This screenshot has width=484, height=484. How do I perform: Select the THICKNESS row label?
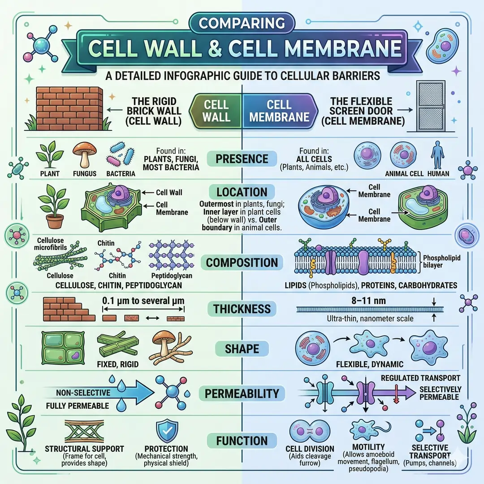[242, 309]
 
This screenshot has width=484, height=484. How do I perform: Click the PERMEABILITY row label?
[242, 394]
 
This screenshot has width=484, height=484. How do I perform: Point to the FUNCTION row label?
[242, 441]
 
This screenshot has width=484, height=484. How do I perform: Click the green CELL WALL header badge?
[217, 111]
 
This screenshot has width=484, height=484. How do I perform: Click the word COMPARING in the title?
[242, 23]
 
